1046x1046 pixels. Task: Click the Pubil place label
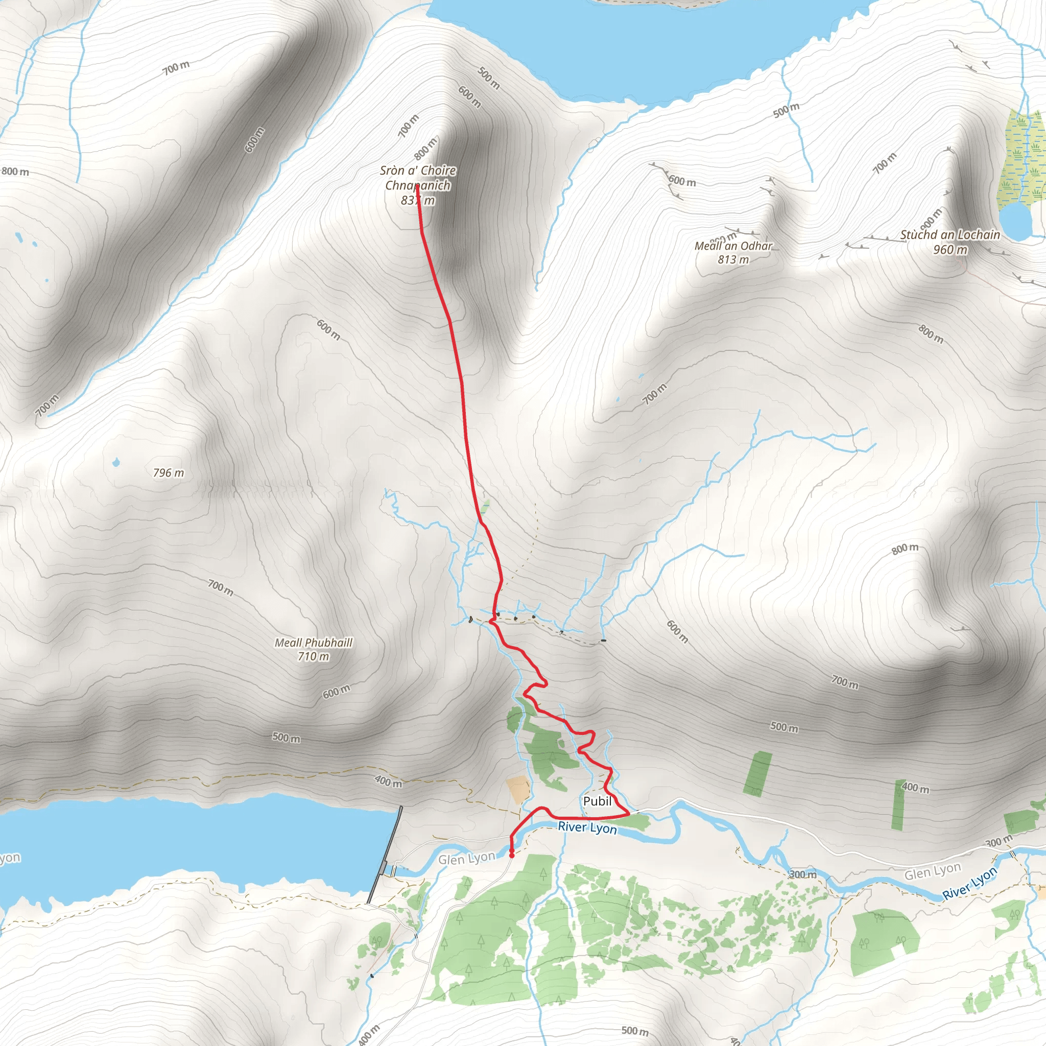[597, 801]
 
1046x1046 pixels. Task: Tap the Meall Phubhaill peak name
[314, 643]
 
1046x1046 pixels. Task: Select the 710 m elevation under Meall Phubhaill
[314, 657]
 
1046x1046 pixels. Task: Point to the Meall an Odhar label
[733, 246]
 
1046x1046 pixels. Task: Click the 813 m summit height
[733, 260]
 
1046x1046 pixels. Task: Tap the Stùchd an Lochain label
[950, 234]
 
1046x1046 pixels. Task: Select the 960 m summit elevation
[950, 250]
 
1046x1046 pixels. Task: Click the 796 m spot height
[169, 472]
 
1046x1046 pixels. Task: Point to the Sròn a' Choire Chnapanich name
[418, 178]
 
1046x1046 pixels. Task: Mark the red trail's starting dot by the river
[512, 856]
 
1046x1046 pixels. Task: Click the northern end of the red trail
[417, 186]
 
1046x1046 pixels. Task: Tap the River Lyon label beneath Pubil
[587, 827]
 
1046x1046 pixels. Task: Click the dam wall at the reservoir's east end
[385, 855]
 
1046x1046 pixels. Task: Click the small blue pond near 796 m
[115, 462]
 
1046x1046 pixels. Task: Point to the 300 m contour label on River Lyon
[803, 874]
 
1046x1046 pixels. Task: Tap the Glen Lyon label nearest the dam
[467, 859]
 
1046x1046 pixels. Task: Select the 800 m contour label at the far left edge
[15, 172]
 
